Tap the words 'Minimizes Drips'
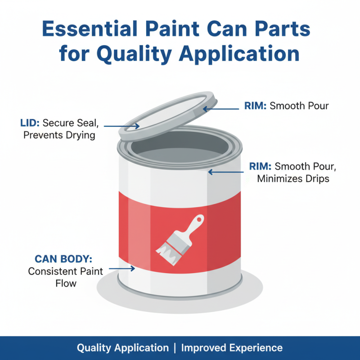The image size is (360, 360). (293, 179)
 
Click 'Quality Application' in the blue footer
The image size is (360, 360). (123, 348)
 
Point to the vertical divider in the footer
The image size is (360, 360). (175, 348)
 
